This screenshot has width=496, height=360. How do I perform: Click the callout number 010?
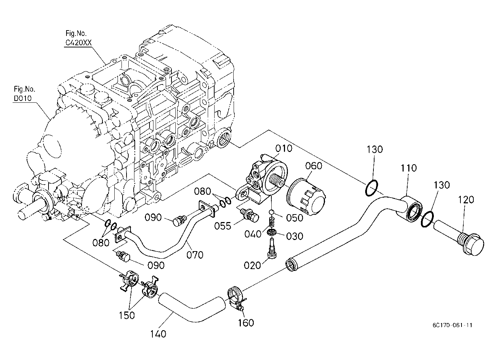pos(284,148)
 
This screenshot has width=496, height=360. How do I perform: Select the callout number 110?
pos(409,168)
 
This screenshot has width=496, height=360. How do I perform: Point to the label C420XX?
pos(78,42)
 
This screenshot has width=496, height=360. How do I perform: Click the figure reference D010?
pos(23,98)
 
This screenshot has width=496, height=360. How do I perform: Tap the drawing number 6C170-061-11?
pos(453,325)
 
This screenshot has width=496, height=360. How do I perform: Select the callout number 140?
pos(158,334)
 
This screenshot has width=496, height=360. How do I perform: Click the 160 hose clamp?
pos(236,298)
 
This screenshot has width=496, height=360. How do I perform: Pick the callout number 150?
pos(127,315)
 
